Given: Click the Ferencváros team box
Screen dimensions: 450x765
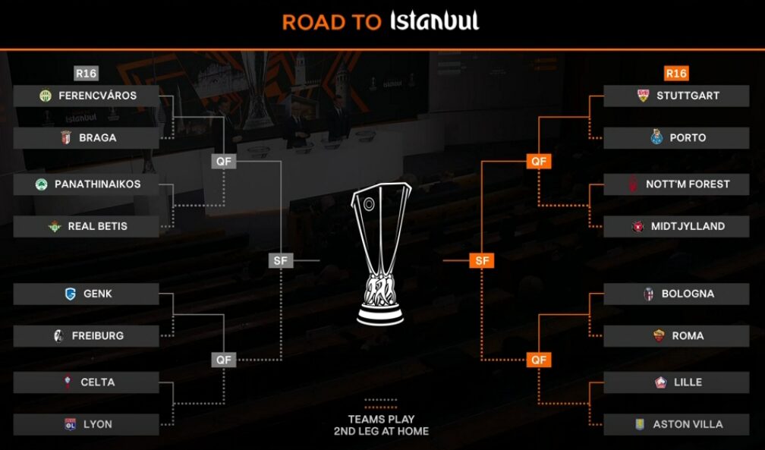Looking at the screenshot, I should [87, 96].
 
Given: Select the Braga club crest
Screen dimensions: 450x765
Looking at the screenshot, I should [65, 138].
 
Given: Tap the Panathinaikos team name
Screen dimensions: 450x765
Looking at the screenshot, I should [97, 184].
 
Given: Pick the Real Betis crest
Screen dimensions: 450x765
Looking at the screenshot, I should [54, 226].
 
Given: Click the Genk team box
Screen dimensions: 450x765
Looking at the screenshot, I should [87, 294].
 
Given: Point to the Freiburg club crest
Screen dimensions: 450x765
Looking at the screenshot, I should [58, 335].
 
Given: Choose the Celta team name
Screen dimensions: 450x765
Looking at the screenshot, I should [98, 382].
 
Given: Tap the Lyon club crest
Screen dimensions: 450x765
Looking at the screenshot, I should [70, 424].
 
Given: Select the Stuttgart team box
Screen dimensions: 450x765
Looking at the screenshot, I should [676, 96].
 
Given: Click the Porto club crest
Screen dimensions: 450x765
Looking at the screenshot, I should [657, 137].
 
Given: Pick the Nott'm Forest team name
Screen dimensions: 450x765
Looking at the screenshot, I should [688, 184].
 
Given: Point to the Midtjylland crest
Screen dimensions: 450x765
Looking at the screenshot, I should [637, 226].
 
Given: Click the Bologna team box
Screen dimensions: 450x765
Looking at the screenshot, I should [676, 294].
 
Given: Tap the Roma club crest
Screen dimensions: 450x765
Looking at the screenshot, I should [658, 335].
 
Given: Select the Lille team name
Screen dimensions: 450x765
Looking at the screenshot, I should [688, 382].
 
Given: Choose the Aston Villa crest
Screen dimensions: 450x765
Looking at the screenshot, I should [640, 424].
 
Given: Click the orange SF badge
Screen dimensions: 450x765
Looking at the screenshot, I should [482, 261].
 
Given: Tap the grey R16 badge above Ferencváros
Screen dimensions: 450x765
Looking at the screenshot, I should [86, 74].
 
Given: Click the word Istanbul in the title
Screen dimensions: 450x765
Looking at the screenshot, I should [434, 21].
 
